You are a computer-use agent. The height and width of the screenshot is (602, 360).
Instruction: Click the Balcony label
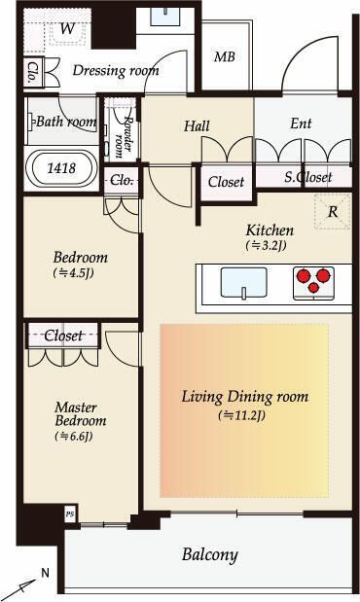(x=210, y=555)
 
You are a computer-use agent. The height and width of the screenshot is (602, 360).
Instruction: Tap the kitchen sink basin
(x=243, y=283)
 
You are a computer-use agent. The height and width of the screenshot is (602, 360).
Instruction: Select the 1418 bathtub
(x=61, y=168)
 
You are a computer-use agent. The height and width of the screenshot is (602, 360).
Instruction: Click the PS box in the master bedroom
(x=69, y=514)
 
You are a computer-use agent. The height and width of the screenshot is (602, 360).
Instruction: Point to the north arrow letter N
(x=46, y=574)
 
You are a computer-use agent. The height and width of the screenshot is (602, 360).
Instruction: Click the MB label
(x=225, y=56)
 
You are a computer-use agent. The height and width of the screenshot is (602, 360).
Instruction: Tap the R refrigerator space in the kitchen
(x=333, y=212)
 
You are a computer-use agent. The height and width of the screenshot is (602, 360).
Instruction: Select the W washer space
(x=67, y=29)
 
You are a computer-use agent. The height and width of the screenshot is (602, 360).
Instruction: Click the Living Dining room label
(x=245, y=397)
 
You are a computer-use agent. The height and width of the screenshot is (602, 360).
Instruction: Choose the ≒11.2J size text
(x=241, y=415)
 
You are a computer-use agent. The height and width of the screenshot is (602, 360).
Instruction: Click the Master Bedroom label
(x=81, y=414)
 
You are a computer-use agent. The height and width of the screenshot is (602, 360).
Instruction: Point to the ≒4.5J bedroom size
(x=73, y=273)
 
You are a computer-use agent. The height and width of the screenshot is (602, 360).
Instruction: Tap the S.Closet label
(x=308, y=177)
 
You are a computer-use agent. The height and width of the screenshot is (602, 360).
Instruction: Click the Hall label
(x=197, y=125)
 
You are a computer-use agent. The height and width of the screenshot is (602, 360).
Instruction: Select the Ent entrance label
(x=301, y=124)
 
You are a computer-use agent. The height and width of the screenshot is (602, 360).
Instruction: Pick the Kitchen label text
(x=270, y=230)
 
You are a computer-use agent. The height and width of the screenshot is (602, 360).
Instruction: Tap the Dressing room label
(x=116, y=71)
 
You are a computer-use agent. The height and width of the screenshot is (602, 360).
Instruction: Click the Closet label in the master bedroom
(x=63, y=336)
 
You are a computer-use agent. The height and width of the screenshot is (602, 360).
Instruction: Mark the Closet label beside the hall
(x=226, y=182)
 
